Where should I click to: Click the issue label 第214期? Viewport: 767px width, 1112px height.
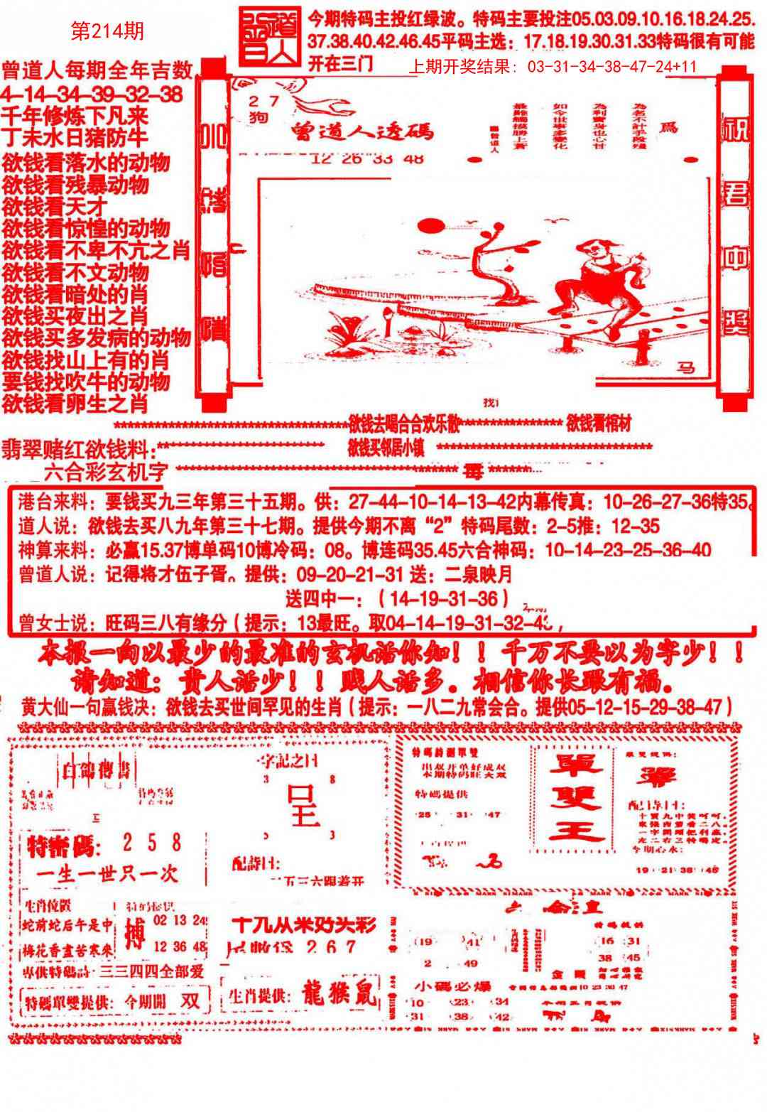click(108, 31)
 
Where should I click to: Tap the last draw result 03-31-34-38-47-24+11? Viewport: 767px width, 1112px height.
click(611, 68)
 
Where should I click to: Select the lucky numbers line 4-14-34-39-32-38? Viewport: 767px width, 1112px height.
click(92, 95)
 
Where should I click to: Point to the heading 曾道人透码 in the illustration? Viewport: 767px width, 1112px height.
click(361, 131)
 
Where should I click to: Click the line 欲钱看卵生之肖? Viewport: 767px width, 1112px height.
click(75, 404)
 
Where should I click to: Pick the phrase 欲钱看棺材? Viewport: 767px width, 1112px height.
click(599, 424)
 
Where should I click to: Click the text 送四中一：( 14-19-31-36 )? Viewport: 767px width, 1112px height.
click(397, 596)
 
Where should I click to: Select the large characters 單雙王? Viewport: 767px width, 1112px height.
click(579, 799)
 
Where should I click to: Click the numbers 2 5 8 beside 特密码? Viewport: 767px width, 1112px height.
click(151, 843)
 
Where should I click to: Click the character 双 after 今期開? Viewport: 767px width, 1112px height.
click(190, 1000)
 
